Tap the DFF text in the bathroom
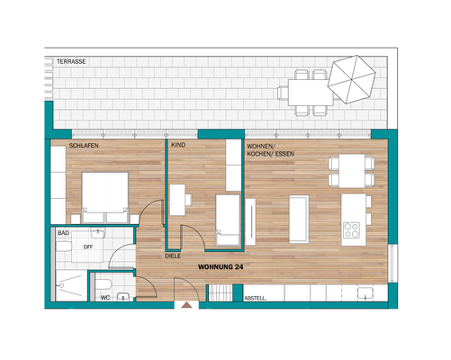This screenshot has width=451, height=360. point(88,246)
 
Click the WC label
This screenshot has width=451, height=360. point(105,296)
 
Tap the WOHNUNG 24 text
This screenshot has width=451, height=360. point(221,266)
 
